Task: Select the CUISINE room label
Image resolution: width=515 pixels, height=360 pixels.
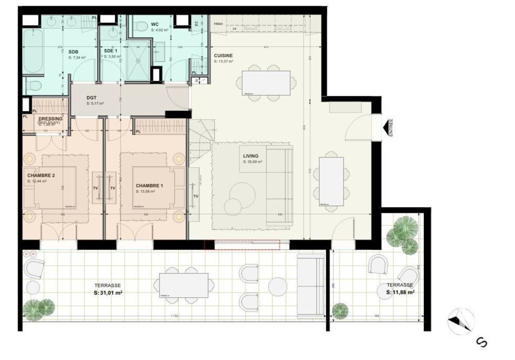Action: click(223, 56)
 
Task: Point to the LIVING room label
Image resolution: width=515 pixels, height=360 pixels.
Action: click(251, 156)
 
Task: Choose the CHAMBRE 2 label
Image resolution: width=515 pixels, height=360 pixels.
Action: click(41, 175)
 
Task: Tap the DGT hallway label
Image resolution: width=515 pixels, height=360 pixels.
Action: click(92, 98)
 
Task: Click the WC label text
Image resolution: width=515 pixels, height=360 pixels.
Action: click(155, 24)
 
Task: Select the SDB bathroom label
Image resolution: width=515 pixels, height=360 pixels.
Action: click(73, 52)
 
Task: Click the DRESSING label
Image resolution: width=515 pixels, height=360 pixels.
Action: click(50, 119)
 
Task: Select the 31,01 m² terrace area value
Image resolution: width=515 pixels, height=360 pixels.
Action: click(108, 293)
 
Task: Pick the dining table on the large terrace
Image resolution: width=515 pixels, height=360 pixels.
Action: click(184, 285)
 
